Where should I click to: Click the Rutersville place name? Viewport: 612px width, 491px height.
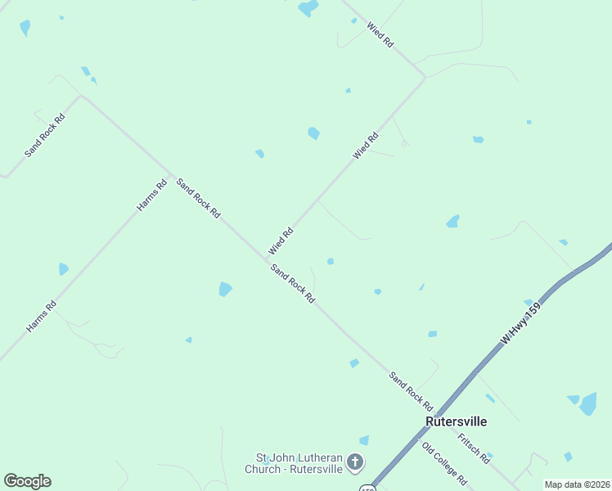coord(456,421)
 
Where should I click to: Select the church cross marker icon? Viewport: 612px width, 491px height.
coord(355,463)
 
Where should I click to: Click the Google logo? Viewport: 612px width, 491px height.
coord(27,481)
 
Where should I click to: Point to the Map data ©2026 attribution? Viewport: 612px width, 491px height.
coord(577,484)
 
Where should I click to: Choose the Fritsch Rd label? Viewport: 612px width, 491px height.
coord(474,448)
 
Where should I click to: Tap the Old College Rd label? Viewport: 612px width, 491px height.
coord(444,463)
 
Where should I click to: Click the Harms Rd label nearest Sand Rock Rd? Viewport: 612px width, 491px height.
coord(152,196)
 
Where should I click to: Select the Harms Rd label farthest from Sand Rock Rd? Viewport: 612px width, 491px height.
coord(41,317)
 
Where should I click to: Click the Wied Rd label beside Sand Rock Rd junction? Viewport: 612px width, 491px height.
coord(280,241)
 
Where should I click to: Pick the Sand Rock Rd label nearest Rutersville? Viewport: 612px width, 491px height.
coord(411,390)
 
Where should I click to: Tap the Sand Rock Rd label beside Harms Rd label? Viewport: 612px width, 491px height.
coord(199,199)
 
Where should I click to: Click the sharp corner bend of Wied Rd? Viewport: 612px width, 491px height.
coord(425,78)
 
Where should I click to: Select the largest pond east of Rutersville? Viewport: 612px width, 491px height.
coord(587,403)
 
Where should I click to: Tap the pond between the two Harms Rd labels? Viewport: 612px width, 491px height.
coord(63,268)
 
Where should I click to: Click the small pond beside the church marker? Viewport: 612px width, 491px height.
coord(364,440)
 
